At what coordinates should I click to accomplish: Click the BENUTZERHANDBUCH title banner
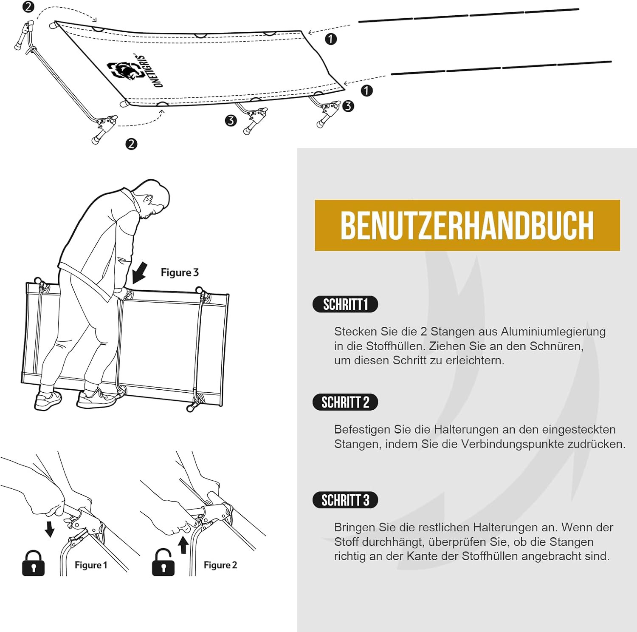click(x=467, y=225)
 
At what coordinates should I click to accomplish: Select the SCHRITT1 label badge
click(x=345, y=304)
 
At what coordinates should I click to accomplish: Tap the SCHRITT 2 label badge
click(x=345, y=402)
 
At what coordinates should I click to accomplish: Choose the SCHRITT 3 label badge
click(x=345, y=500)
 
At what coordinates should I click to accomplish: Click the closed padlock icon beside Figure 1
click(x=33, y=564)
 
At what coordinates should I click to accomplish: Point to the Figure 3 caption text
click(x=180, y=272)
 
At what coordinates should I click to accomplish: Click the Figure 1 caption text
click(x=91, y=565)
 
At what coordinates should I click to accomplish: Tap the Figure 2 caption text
click(x=220, y=565)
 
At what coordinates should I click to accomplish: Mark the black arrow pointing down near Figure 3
click(x=140, y=272)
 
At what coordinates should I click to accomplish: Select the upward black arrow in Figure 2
click(x=183, y=545)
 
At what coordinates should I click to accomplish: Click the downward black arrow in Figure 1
click(x=50, y=529)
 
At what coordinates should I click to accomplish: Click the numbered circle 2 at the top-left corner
click(x=28, y=7)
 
